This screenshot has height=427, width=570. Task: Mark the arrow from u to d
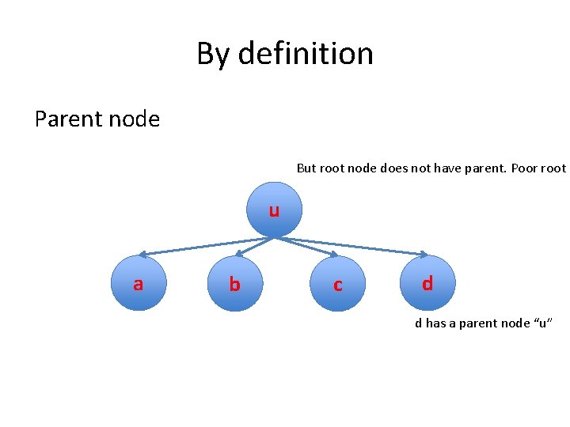tap(356, 246)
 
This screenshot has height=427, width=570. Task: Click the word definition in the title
tap(306, 54)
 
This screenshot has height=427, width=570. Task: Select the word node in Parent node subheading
tap(134, 119)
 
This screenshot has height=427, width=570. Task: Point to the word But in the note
tap(306, 168)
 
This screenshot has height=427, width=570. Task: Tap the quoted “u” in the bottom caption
tap(545, 323)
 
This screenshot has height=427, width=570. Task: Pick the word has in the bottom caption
tap(436, 323)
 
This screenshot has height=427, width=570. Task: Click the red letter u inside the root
tap(273, 211)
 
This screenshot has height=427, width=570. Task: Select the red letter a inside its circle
tap(138, 284)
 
